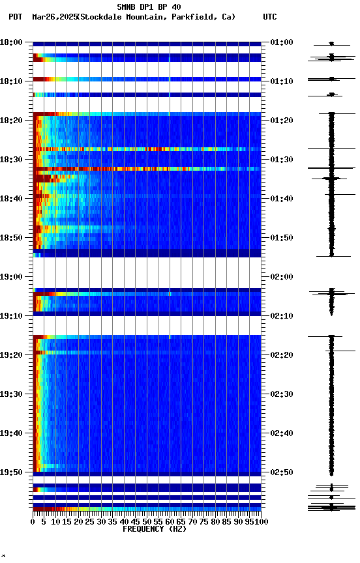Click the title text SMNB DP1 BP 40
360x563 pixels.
[x=149, y=7]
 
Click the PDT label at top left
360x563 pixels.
[x=15, y=17]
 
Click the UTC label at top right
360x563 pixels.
[x=269, y=17]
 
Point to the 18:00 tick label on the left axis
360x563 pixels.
[x=12, y=42]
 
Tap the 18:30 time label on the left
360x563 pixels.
[x=12, y=160]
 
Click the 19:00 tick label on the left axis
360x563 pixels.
[x=12, y=277]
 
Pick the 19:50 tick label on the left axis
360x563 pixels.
[x=12, y=472]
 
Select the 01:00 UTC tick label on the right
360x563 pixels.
[x=281, y=42]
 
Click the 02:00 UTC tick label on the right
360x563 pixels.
[x=281, y=277]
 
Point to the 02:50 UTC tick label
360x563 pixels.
[x=281, y=472]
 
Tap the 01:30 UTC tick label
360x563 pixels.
[x=281, y=160]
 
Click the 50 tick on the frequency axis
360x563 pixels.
[x=147, y=521]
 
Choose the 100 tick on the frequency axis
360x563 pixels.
[x=262, y=521]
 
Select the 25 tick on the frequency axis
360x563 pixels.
[x=90, y=521]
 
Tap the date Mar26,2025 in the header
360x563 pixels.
[x=54, y=17]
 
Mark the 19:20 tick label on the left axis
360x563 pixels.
[x=12, y=355]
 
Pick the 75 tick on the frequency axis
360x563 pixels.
[x=204, y=521]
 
